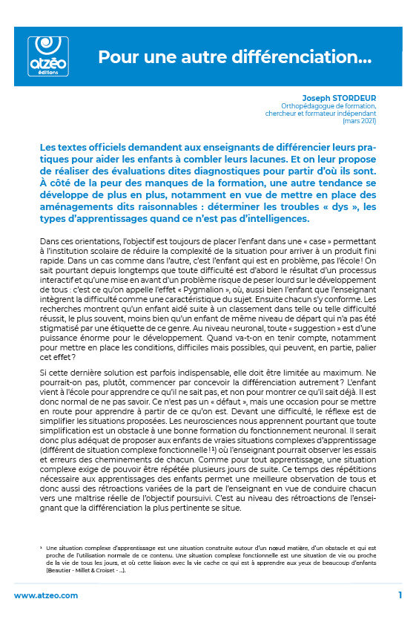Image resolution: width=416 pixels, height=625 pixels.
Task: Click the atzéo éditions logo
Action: coord(47,54)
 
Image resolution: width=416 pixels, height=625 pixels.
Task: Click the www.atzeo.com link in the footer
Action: coord(46,595)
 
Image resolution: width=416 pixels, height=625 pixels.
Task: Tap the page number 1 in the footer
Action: coord(400,595)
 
